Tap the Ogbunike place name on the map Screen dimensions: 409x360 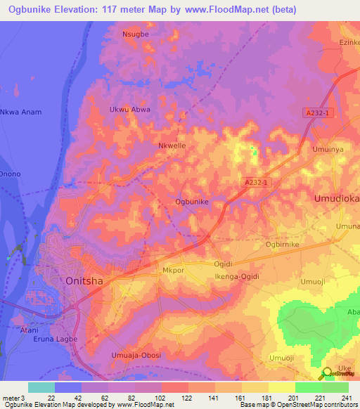click(191, 202)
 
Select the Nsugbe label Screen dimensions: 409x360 click(136, 33)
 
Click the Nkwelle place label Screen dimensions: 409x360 click(172, 146)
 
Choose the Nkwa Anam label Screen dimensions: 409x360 click(21, 112)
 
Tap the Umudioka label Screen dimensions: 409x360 click(337, 199)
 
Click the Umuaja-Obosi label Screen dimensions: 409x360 click(136, 355)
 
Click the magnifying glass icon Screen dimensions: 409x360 click(327, 374)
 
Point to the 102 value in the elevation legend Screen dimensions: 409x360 click(159, 398)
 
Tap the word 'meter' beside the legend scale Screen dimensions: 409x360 click(10, 398)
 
